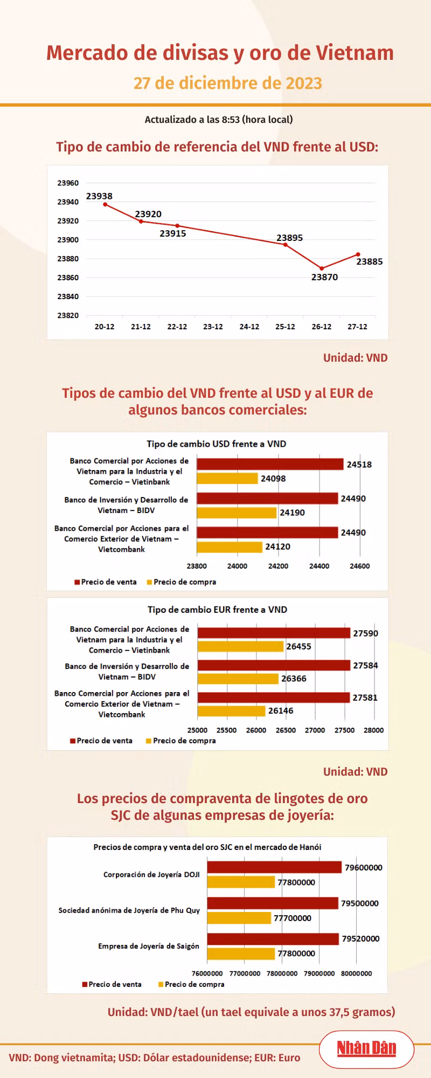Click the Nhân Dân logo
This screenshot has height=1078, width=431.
[x=366, y=1048]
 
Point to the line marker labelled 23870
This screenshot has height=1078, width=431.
[x=322, y=268]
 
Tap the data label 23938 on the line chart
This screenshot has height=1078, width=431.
[x=99, y=196]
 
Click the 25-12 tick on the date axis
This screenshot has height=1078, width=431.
[x=285, y=327]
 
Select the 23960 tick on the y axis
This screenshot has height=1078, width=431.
[x=68, y=183]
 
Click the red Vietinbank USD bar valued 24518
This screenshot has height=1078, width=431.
[x=270, y=464]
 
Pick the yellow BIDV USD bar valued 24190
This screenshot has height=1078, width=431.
[x=237, y=512]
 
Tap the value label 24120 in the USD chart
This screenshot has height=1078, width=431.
[x=277, y=547]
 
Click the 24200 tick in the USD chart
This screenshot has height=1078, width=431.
[x=278, y=566]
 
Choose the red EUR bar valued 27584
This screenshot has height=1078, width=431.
[x=274, y=665]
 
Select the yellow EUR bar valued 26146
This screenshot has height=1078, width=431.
[x=231, y=711]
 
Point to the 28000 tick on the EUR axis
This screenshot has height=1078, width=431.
[x=373, y=730]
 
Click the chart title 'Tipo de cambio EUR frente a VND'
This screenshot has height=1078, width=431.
[x=218, y=610]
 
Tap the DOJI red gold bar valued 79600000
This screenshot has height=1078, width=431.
[x=274, y=867]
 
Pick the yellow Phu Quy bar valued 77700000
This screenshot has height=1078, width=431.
[x=239, y=917]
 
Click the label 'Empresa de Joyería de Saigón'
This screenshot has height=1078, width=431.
[x=149, y=946]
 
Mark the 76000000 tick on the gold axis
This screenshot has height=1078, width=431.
[x=207, y=973]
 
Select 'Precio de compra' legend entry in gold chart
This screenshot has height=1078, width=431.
[x=191, y=984]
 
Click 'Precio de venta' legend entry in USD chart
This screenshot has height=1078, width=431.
[x=106, y=582]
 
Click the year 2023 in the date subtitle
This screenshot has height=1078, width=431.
[x=304, y=83]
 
